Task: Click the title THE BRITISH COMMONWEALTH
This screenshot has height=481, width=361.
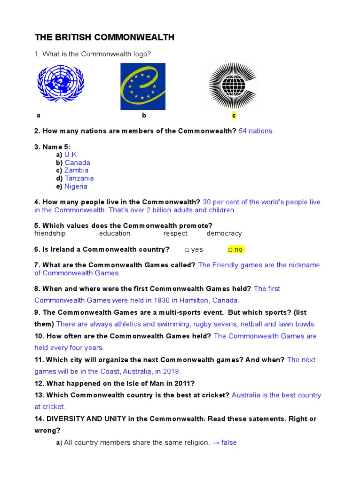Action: (x=104, y=38)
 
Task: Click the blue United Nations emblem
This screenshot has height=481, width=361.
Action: (x=61, y=84)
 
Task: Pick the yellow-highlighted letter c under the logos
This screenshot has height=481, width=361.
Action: (x=234, y=115)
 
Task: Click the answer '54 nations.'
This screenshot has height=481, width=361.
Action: (x=256, y=131)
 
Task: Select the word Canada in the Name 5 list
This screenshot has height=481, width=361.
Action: (x=78, y=163)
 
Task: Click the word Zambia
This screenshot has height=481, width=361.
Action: (x=77, y=171)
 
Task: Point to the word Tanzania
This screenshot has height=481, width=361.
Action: (x=79, y=178)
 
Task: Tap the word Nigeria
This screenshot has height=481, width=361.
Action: (x=76, y=186)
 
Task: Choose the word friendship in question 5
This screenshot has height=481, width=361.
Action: (x=50, y=233)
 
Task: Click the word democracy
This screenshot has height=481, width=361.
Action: (x=224, y=233)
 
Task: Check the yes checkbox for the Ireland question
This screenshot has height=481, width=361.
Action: (x=187, y=249)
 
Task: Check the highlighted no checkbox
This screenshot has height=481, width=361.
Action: (x=231, y=249)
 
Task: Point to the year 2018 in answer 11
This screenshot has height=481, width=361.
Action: (x=171, y=371)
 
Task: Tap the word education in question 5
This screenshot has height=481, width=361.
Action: (x=115, y=233)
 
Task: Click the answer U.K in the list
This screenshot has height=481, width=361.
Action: (x=71, y=155)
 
